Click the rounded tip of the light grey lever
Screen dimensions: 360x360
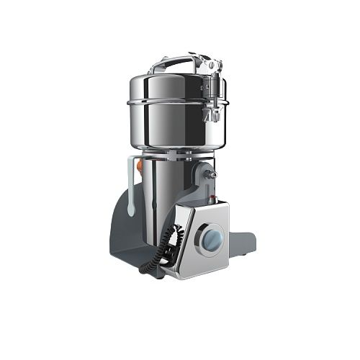click(130, 208)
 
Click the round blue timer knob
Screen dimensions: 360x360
click(210, 238)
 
